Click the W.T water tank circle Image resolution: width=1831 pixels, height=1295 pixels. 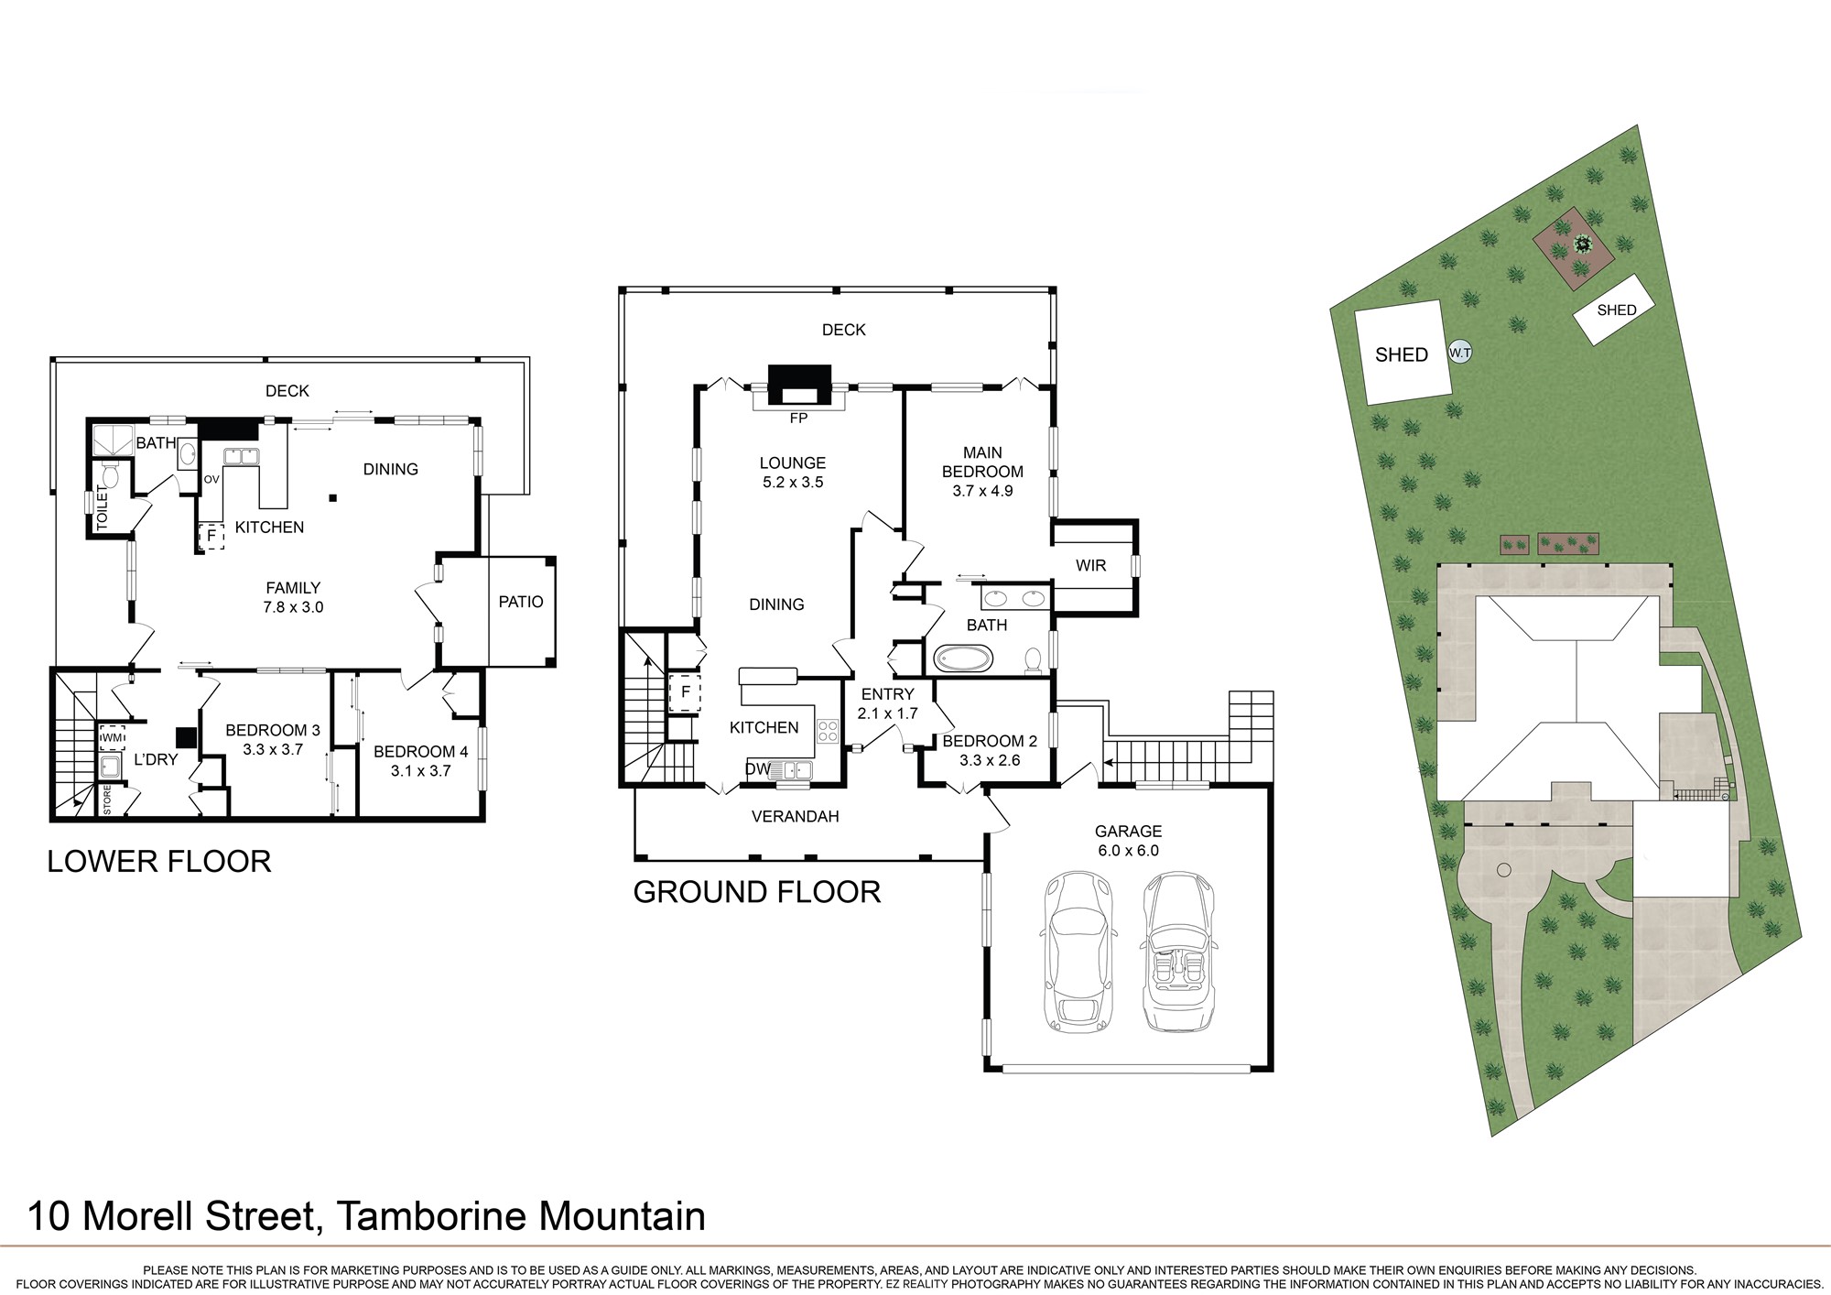pos(1460,353)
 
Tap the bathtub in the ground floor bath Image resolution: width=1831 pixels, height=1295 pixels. pos(963,658)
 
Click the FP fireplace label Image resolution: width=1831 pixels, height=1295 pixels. pos(798,418)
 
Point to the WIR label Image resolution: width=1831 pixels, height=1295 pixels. pos(1090,565)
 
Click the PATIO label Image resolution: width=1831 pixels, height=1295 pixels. pos(521,602)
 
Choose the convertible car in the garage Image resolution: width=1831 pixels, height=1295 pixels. pos(1179,952)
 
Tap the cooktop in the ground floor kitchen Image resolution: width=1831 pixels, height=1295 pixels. pos(828,730)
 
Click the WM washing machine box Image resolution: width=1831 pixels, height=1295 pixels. pos(112,737)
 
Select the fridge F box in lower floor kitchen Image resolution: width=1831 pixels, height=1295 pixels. pos(211,535)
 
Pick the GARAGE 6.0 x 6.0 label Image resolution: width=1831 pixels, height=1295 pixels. pos(1128,841)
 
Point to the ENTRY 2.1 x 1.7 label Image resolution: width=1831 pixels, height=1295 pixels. pos(887,703)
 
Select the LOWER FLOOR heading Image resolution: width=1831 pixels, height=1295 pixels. pos(159,862)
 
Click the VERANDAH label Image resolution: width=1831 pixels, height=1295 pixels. pos(795,816)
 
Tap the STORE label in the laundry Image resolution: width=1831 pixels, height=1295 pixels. pos(107,800)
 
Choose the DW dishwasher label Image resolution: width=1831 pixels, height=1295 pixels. pos(757,769)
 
